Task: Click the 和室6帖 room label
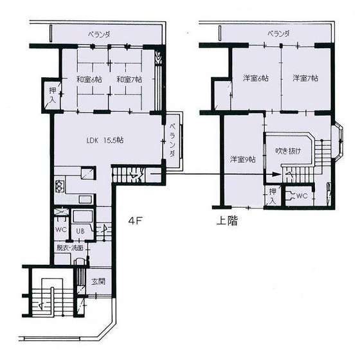click(89, 80)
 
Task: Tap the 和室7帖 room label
click(130, 80)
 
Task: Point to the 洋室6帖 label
click(255, 78)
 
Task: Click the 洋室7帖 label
click(305, 78)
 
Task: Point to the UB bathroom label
click(82, 231)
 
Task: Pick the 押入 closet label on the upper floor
click(273, 196)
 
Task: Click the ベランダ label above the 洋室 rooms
click(278, 33)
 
